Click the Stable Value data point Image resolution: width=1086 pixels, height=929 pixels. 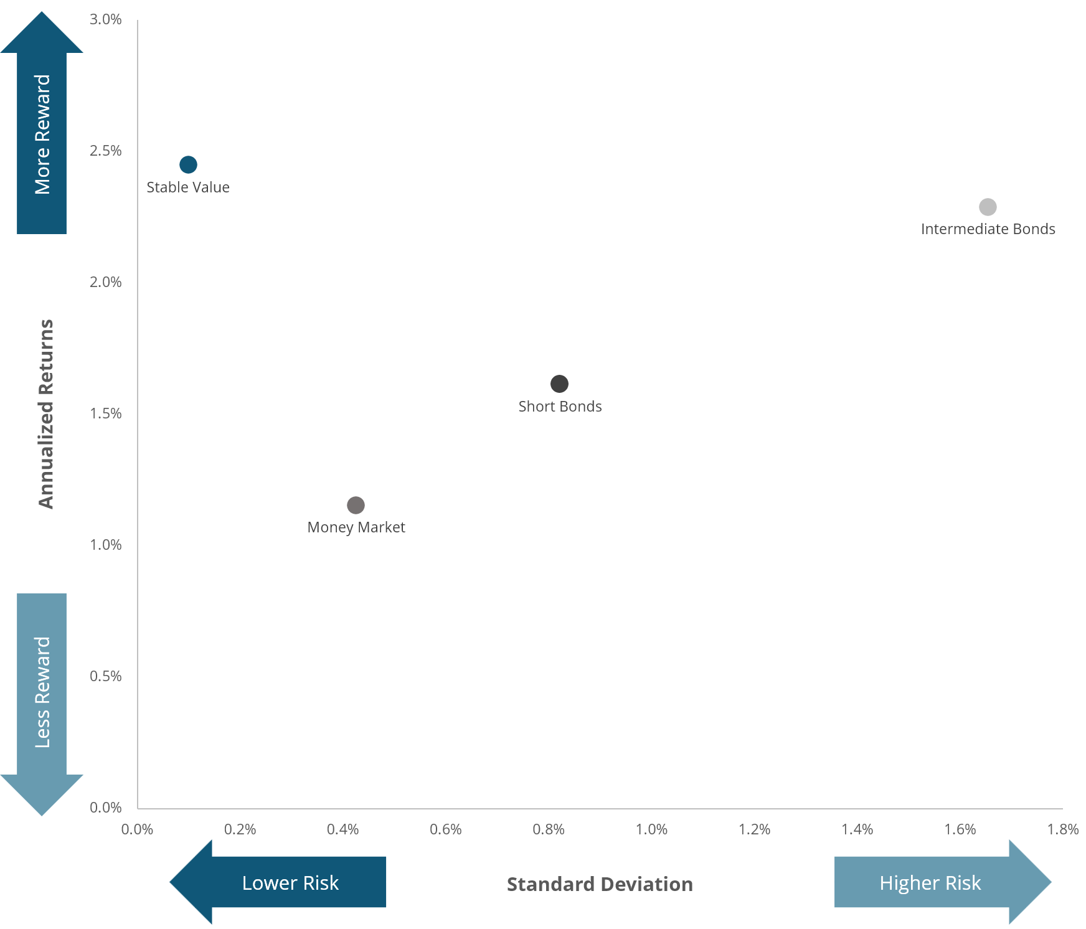tap(188, 164)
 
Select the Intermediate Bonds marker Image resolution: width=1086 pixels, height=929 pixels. tap(988, 207)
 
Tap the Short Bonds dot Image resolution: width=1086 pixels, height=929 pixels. tap(559, 384)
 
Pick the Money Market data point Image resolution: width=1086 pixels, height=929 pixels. tap(356, 505)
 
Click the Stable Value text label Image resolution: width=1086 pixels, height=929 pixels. tap(188, 187)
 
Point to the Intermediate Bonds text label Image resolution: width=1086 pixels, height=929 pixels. tap(988, 229)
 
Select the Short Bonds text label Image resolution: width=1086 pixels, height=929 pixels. tap(560, 407)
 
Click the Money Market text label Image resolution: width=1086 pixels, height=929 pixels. tap(356, 527)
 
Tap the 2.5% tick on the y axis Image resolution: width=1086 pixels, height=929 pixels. tap(106, 151)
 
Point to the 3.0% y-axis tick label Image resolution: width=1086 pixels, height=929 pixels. tap(106, 19)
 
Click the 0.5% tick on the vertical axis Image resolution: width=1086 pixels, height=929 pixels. tap(106, 676)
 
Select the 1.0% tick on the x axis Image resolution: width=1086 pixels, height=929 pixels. tap(651, 829)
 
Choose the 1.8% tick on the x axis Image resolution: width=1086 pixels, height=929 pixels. tap(1063, 829)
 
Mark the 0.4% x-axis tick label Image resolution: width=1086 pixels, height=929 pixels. tap(343, 829)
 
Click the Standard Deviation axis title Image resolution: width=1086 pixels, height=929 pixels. tap(600, 884)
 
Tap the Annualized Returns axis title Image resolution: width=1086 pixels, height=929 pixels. tap(46, 414)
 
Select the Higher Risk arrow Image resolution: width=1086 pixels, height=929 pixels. tap(937, 882)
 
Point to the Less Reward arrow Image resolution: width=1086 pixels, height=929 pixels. tap(42, 697)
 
